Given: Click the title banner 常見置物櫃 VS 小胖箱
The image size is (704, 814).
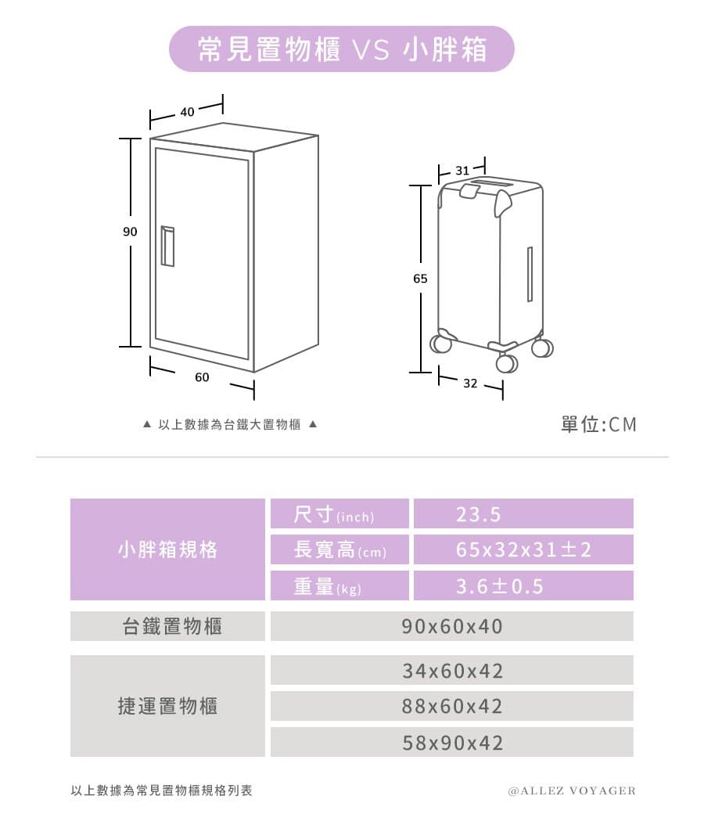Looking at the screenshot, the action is pos(341,49).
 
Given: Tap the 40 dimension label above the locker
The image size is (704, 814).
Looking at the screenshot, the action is pos(187,112).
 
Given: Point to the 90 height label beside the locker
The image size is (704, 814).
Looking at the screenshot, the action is pos(130,232).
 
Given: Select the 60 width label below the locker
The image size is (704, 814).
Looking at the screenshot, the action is pos(202,377).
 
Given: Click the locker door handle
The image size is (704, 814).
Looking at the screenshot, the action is pos(167,246).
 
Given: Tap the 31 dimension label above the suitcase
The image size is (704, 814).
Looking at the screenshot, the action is pos(462,171).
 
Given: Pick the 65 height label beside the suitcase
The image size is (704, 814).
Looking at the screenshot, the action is pos(420,279).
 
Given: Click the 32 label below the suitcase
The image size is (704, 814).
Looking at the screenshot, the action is pos(470,383).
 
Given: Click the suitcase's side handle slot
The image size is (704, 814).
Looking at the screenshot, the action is pos(530,274).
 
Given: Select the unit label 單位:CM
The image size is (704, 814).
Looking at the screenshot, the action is pos(598,425).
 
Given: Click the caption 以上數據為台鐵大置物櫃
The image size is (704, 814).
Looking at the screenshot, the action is pos(229,425).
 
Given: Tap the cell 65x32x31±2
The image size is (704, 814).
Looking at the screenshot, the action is pos(523,549).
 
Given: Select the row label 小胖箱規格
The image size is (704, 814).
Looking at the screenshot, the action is pos(167,549).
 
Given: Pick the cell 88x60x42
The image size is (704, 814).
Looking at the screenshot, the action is pos(452,707).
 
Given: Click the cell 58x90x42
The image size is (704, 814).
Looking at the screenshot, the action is pos(452,742).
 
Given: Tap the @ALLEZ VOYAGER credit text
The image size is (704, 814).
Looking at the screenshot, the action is pos(573,791).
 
